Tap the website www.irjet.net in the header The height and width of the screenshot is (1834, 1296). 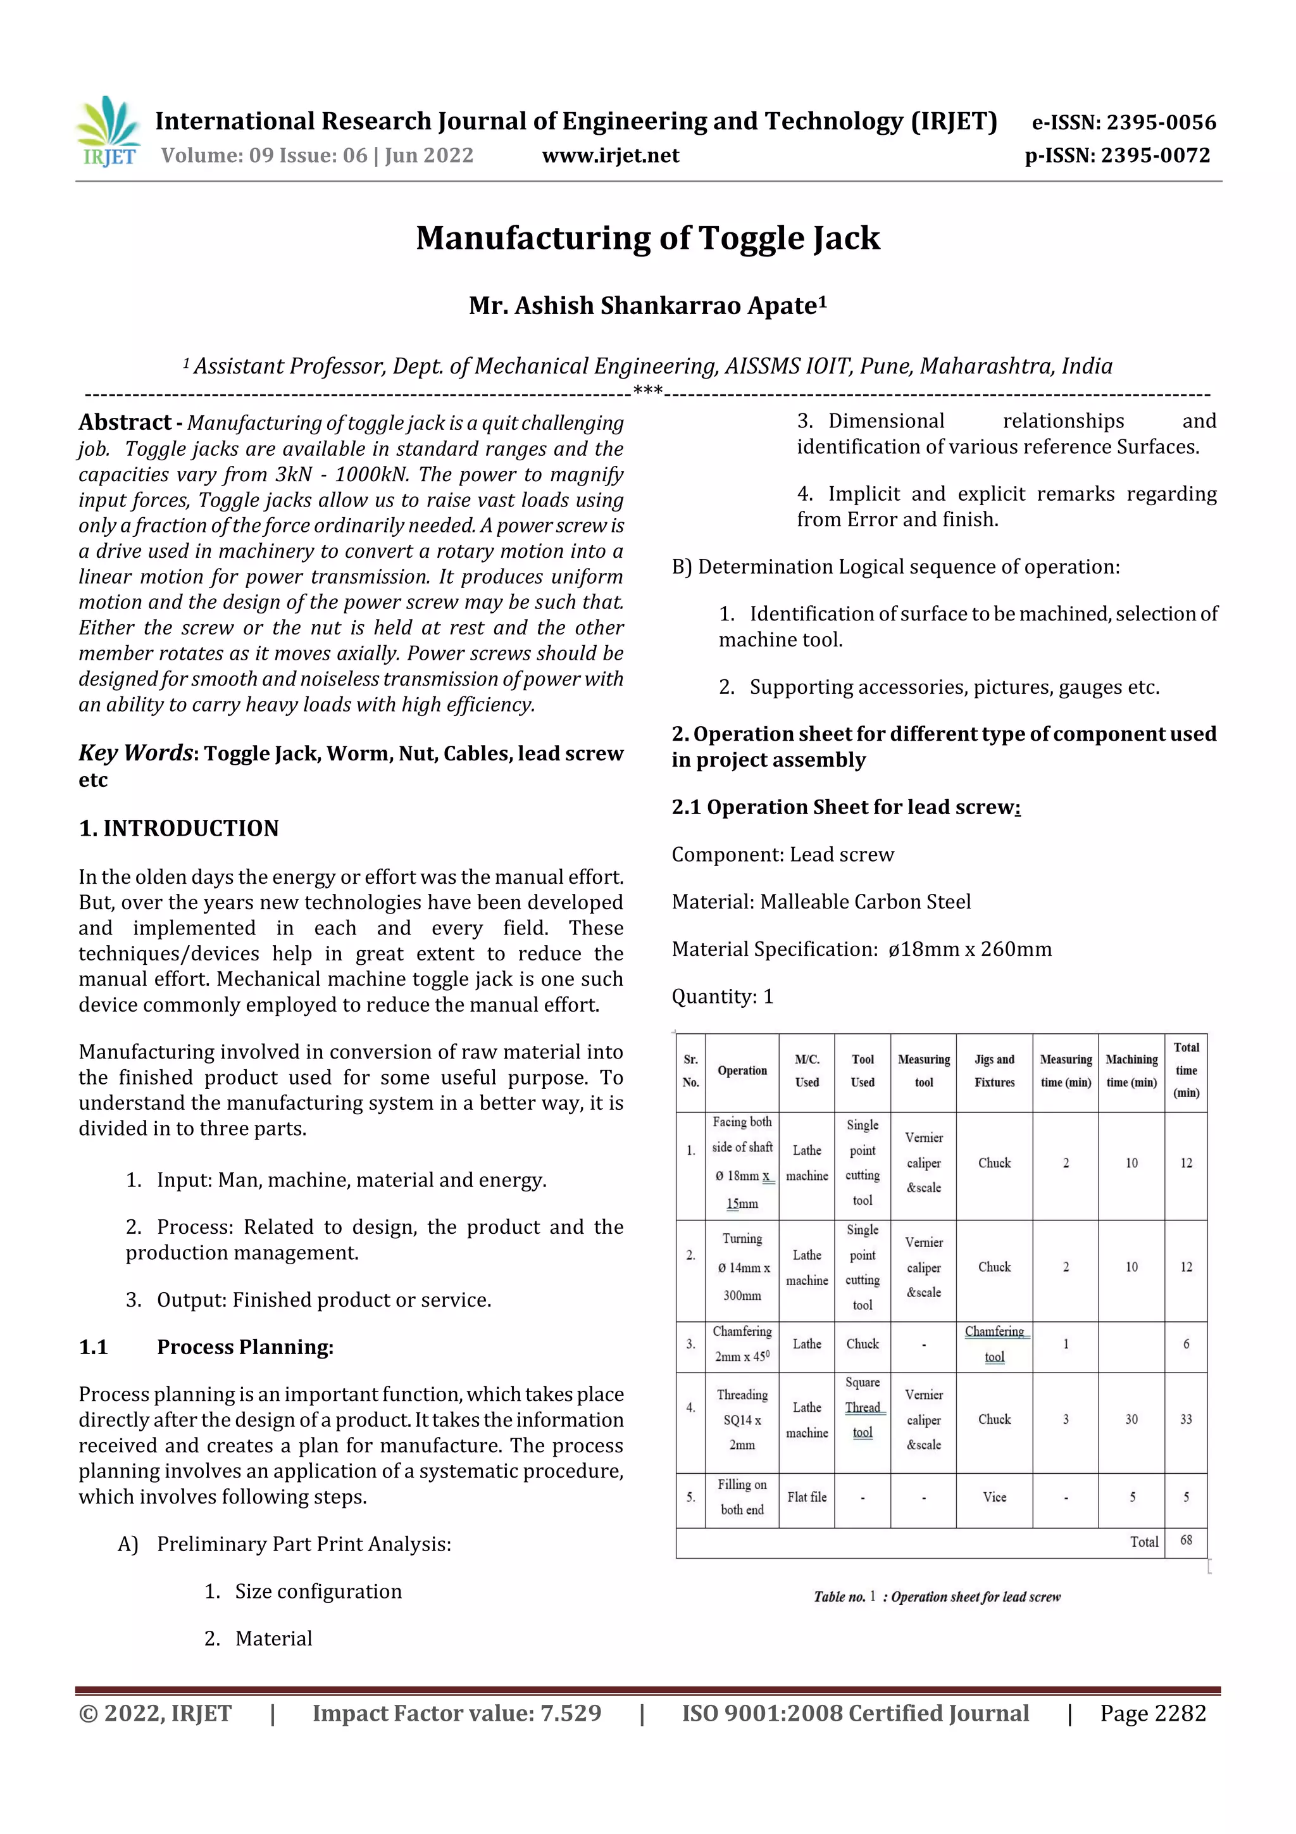[610, 156]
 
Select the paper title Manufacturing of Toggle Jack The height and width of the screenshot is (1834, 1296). [647, 238]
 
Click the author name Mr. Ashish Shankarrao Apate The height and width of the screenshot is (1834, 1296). [647, 306]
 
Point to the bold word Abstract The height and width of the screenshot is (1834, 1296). [125, 422]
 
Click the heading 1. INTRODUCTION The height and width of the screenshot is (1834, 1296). [179, 828]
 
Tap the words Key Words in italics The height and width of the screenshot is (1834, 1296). [135, 753]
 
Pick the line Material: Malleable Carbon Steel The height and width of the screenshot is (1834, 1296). [821, 902]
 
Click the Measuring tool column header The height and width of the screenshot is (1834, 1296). [923, 1071]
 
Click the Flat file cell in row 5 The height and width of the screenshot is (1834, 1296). [806, 1497]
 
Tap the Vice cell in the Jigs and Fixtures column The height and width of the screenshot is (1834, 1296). [994, 1497]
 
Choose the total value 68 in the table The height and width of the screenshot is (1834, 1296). [1186, 1540]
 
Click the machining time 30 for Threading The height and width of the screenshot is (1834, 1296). [1131, 1419]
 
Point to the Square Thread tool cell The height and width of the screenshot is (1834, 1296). [863, 1407]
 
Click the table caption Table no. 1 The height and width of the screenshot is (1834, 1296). [937, 1597]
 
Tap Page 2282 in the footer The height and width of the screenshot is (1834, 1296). [1152, 1713]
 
